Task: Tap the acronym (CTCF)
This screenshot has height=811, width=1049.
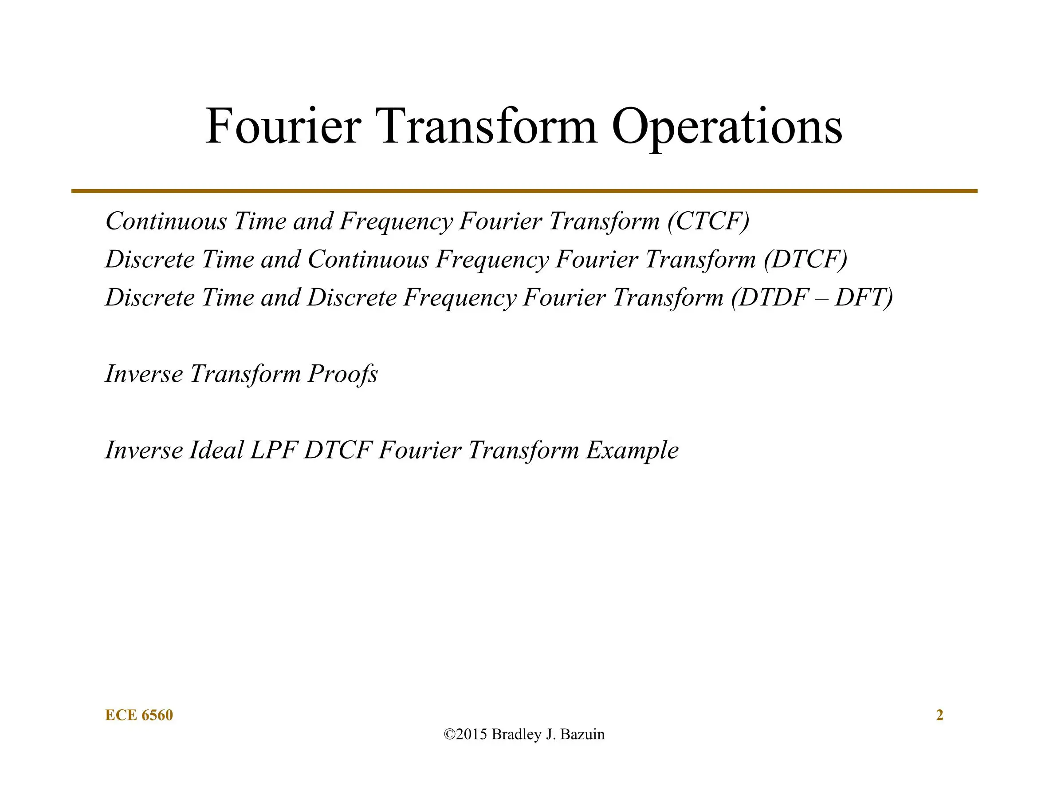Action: pyautogui.click(x=708, y=222)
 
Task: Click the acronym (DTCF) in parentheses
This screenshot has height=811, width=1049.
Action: pyautogui.click(x=805, y=260)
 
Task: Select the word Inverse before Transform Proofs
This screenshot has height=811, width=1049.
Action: pyautogui.click(x=144, y=373)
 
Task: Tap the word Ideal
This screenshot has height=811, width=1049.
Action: pyautogui.click(x=216, y=450)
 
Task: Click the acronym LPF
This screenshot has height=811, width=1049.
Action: pyautogui.click(x=273, y=451)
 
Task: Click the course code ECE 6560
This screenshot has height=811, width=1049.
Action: pyautogui.click(x=139, y=715)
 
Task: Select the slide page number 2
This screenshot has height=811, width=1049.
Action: pyautogui.click(x=939, y=715)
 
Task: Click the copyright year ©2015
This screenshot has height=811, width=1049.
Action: pyautogui.click(x=465, y=735)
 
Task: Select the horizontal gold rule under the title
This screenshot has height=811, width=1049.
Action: pyautogui.click(x=524, y=191)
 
